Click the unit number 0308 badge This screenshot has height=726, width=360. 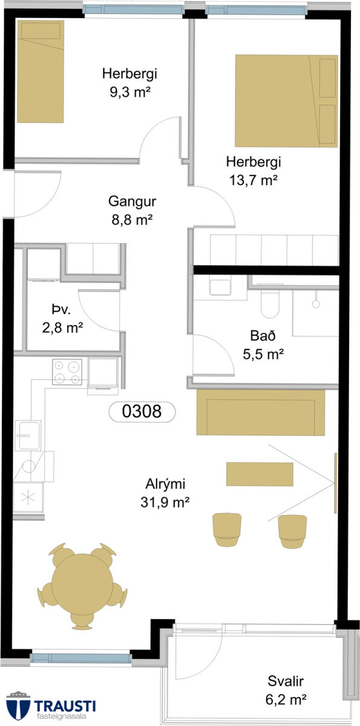[x=142, y=411]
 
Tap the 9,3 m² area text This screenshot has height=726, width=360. [x=130, y=93]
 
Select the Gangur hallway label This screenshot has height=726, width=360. [x=133, y=201]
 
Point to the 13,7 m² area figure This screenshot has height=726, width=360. [x=254, y=180]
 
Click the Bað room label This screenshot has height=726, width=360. [x=263, y=336]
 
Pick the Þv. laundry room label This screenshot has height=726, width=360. [x=61, y=310]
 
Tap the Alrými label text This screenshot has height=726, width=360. [x=165, y=484]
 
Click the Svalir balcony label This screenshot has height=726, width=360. [x=286, y=681]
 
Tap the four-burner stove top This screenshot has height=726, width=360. [x=67, y=371]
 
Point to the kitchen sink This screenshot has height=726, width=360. [x=28, y=436]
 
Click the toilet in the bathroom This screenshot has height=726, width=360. [x=270, y=304]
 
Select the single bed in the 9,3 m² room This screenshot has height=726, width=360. [x=40, y=71]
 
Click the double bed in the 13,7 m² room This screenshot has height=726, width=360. [x=286, y=101]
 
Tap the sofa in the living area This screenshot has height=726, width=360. [x=261, y=412]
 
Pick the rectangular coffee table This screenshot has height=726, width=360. [x=260, y=474]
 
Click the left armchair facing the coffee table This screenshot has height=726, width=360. [x=227, y=529]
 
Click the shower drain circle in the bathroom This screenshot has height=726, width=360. [x=316, y=304]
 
